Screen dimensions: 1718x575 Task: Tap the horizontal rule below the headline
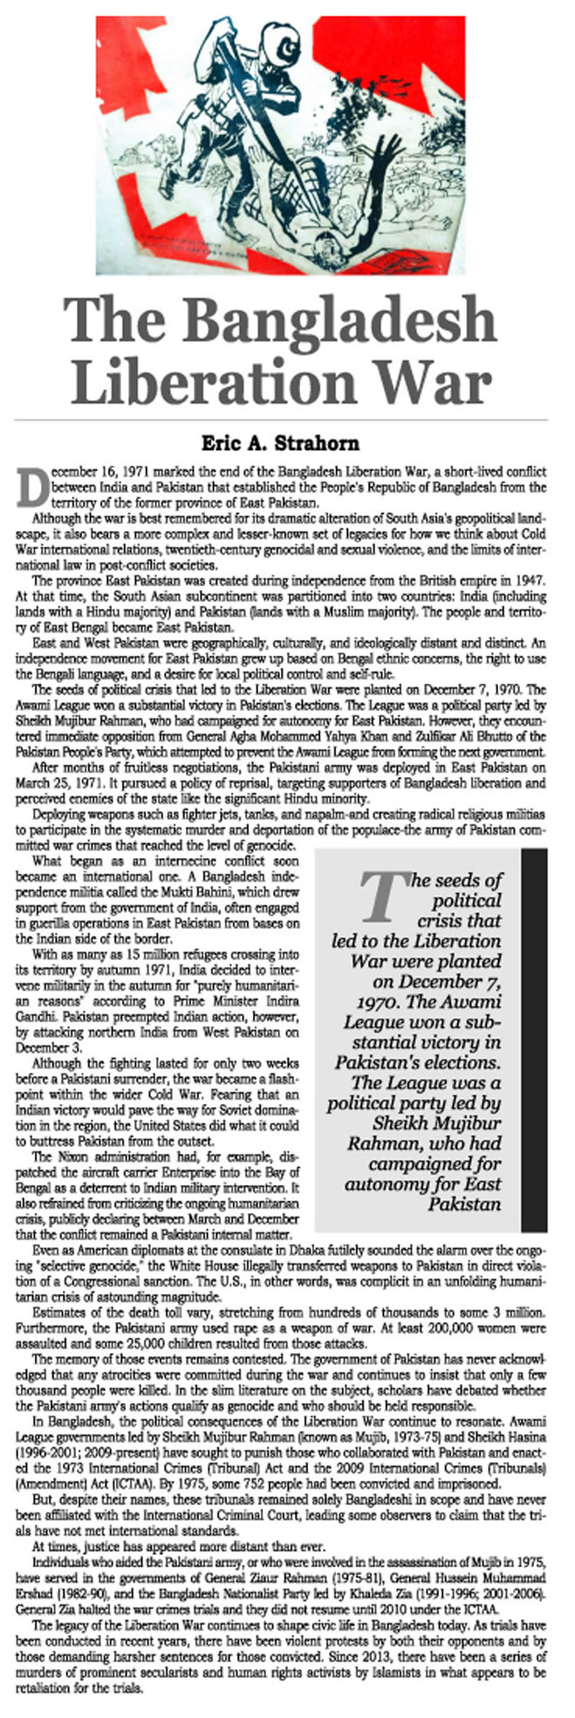coord(287,420)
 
